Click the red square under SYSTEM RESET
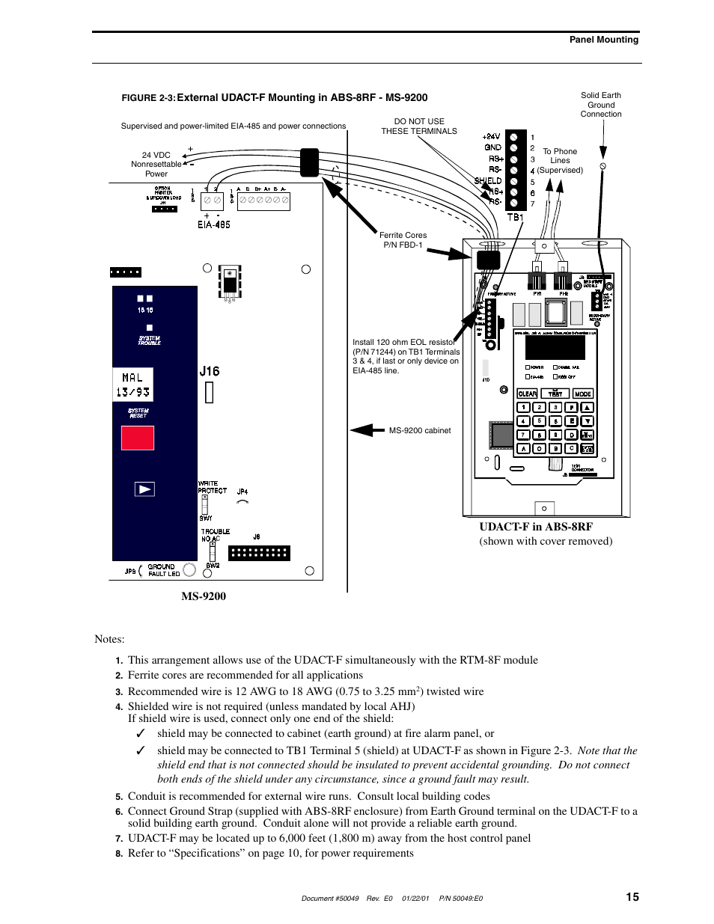coord(138,438)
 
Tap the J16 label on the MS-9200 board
coord(210,371)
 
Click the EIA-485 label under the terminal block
coord(213,224)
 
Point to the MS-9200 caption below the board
coord(204,596)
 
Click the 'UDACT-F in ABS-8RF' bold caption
coord(536,527)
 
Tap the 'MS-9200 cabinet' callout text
coord(420,430)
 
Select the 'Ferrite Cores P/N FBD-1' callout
coord(403,240)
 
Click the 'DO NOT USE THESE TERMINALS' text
coord(418,126)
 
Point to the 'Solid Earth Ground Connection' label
coord(601,105)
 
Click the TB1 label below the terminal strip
coord(515,217)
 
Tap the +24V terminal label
coord(492,137)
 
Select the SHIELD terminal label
coord(488,180)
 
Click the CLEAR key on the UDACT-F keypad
coord(528,394)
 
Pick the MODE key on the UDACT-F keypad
coord(582,394)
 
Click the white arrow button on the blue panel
coord(144,489)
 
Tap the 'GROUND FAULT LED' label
coord(163,570)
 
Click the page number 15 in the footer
coord(632,897)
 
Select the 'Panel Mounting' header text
coord(604,40)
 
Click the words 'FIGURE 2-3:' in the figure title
coord(148,98)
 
